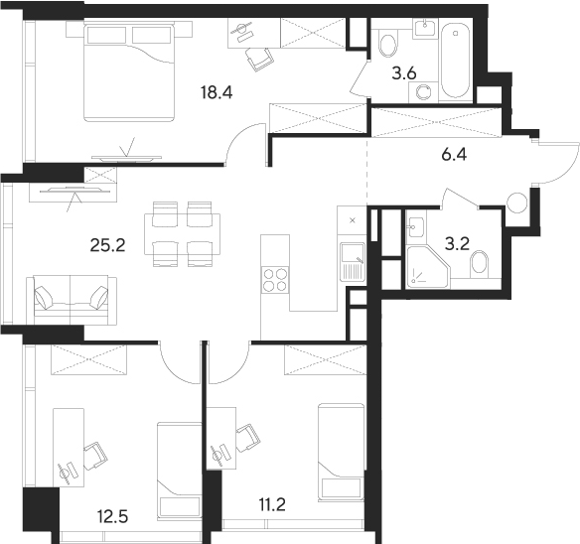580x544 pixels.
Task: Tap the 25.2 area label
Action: (x=106, y=244)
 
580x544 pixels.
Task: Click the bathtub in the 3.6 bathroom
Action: (x=456, y=61)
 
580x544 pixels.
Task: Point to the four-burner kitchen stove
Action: (x=274, y=281)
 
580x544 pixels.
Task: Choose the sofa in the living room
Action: (x=72, y=299)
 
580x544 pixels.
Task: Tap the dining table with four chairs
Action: (x=185, y=233)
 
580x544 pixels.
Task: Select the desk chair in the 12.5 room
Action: (x=93, y=456)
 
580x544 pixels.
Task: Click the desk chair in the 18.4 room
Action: (x=261, y=59)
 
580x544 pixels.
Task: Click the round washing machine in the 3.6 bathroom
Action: (x=426, y=92)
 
